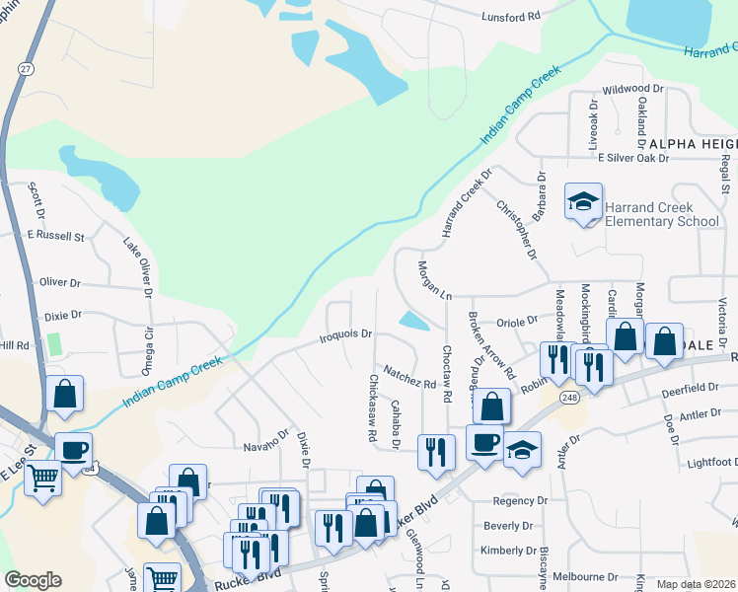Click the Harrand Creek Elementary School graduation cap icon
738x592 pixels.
(583, 202)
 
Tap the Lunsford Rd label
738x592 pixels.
(512, 17)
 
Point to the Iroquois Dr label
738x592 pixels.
(345, 334)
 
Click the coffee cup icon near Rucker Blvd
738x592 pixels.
(483, 442)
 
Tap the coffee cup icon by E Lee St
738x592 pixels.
(73, 450)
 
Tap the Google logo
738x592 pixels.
(33, 580)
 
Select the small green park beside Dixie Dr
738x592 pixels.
(54, 344)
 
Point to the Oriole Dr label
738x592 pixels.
(517, 321)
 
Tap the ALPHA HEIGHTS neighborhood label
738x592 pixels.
(691, 144)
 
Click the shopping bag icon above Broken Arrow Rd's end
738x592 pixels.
(491, 405)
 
